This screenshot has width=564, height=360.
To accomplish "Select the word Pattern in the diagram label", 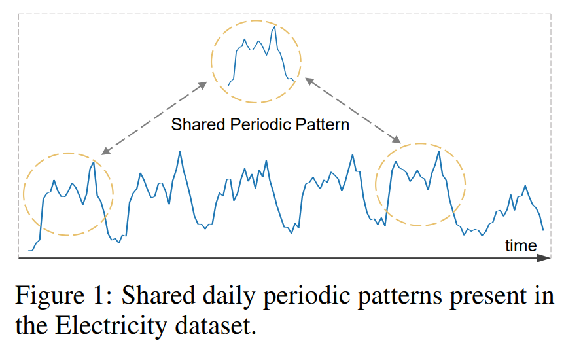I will [x=322, y=124].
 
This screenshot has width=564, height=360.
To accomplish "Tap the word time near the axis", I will [x=521, y=245].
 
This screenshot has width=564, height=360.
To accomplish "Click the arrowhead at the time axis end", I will [x=544, y=259].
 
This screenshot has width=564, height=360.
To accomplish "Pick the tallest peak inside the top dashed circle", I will [x=275, y=27].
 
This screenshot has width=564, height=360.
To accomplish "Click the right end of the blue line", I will [x=543, y=230].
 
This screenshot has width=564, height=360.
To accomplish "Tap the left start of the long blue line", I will [x=29, y=250].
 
